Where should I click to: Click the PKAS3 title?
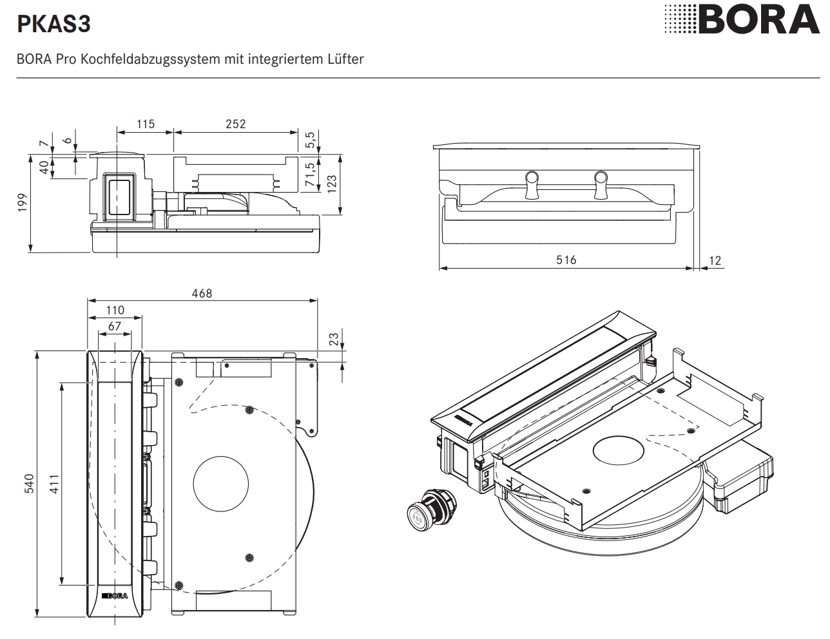pos(54,24)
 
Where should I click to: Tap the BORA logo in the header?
pos(743,19)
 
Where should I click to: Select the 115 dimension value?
pos(146,124)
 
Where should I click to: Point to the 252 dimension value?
pos(235,124)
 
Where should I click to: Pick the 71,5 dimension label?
pos(311,175)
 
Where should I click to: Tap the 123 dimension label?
pos(332,184)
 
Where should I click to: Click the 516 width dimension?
pos(566,260)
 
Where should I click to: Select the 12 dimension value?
pos(715,260)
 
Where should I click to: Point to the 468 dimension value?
pos(202,293)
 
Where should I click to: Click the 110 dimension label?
pos(115,310)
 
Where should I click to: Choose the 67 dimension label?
pos(115,326)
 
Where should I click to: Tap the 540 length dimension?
pos(30,484)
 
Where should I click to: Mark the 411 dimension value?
pos(55,484)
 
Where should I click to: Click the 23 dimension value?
pos(334,339)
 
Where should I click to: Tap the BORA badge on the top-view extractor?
pos(115,595)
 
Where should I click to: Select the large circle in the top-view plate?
pos(221,484)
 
